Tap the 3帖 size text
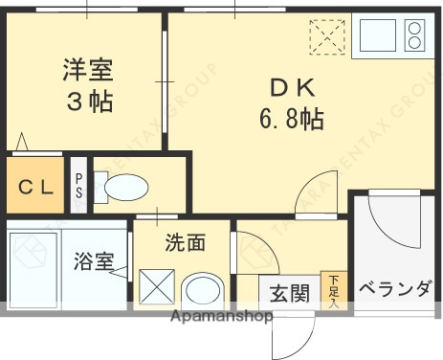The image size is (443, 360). tap(88, 102)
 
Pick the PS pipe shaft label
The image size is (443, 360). tap(78, 187)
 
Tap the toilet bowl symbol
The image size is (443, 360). tap(122, 188)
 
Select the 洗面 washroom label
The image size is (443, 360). tap(185, 243)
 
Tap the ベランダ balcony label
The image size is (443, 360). tap(394, 290)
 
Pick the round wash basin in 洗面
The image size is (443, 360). tap(203, 289)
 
